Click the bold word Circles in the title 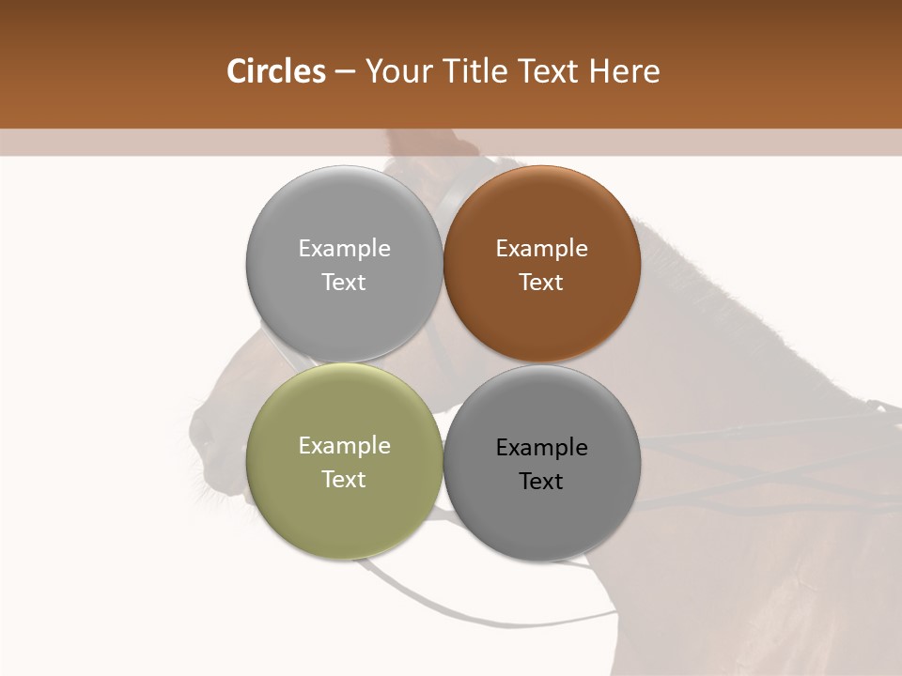275,71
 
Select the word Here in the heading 624,71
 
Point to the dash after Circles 345,72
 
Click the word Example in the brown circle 541,249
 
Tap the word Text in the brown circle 541,283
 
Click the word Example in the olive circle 344,446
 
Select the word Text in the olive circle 344,480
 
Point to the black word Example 541,448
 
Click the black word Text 541,482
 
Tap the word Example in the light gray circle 344,249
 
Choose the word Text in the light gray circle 344,283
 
